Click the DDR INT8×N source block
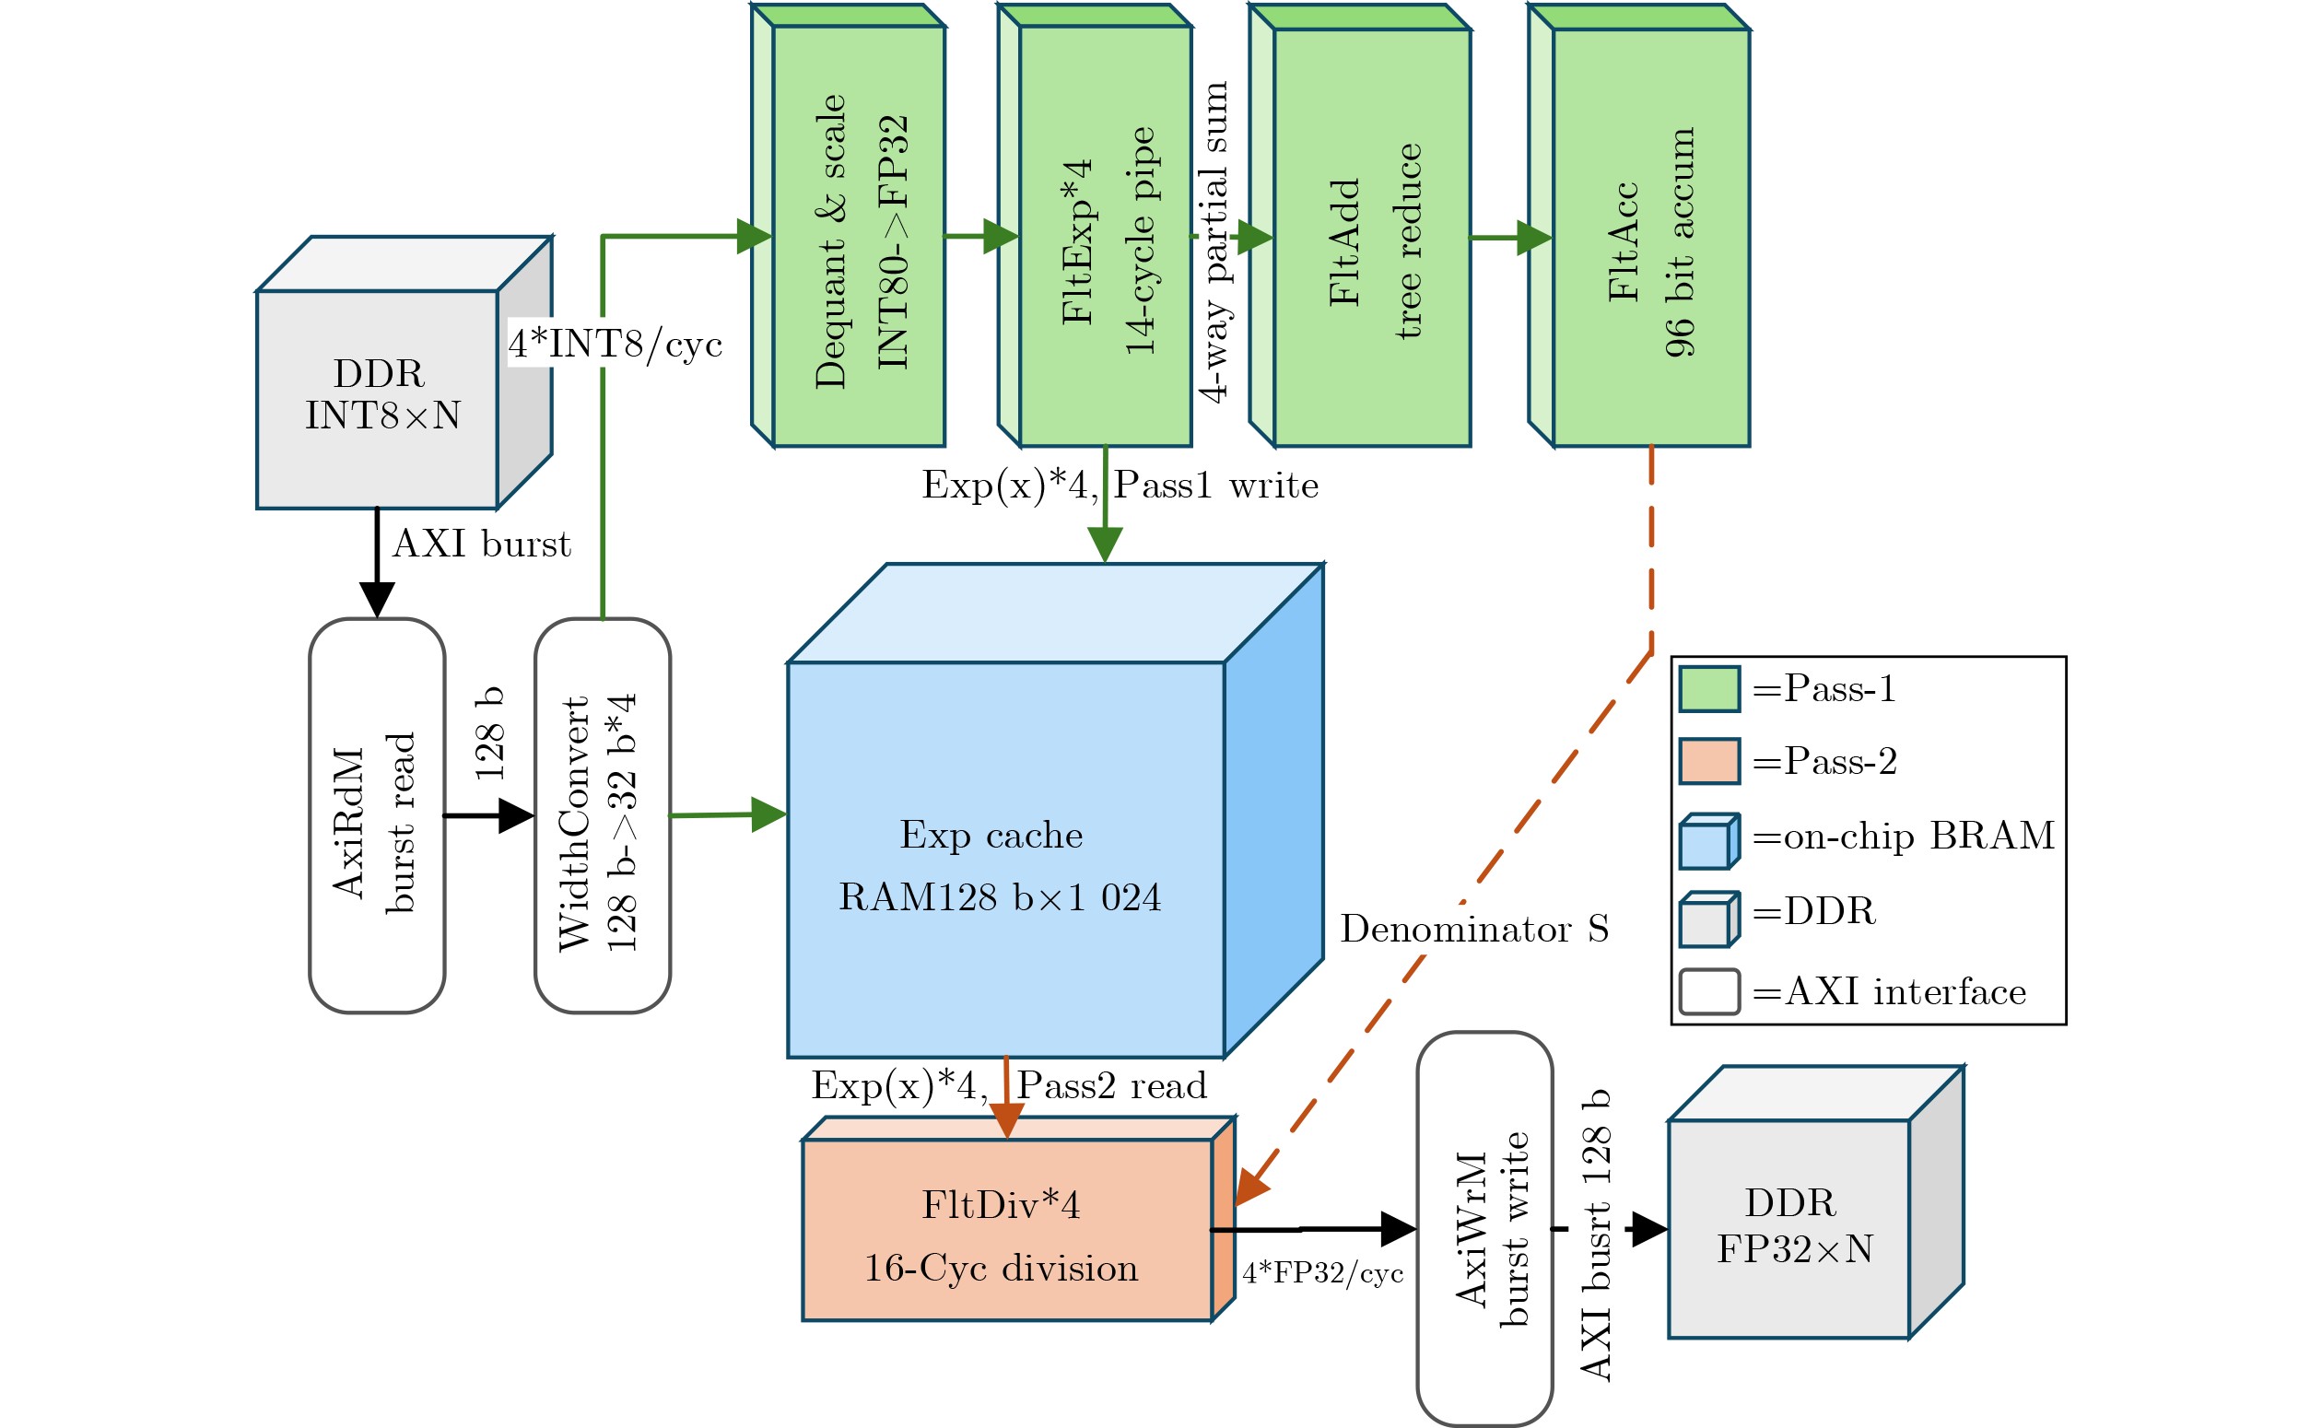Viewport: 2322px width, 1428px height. (405, 373)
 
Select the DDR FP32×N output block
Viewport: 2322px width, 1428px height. (1816, 1203)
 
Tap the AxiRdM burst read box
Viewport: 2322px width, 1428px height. (377, 816)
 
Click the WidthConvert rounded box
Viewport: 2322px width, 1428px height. (603, 816)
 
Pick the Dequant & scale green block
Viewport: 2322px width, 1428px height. (848, 225)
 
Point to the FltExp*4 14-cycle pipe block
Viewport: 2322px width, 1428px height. (1096, 225)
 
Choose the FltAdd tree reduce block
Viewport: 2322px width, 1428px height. (1360, 225)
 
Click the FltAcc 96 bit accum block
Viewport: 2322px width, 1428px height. (1639, 225)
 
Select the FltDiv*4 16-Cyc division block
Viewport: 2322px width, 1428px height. (1019, 1218)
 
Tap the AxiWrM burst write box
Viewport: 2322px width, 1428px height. (1484, 1229)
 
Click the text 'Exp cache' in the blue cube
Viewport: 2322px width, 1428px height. (991, 835)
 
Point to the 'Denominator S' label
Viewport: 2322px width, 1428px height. (1474, 930)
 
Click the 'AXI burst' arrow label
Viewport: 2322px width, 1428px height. (482, 544)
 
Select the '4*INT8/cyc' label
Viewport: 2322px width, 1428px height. (616, 345)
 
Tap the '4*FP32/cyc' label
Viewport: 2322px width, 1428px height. (1323, 1273)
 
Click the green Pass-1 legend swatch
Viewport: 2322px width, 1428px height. (1709, 689)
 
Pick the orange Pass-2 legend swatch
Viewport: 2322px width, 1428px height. (1709, 762)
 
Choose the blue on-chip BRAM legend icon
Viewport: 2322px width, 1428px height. (1709, 840)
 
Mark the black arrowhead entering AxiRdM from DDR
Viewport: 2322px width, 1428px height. (377, 601)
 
